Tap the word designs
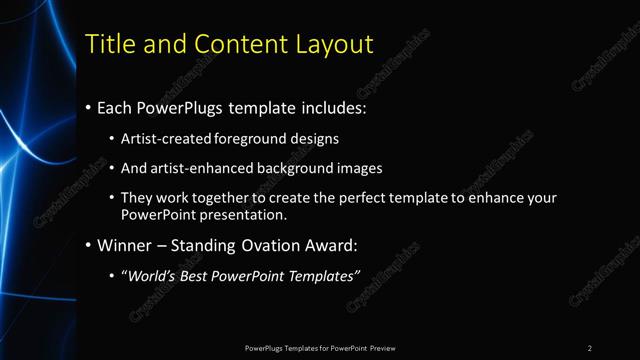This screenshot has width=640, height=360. (x=317, y=139)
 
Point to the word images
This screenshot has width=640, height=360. (x=360, y=169)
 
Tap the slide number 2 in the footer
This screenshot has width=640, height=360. (x=590, y=348)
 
